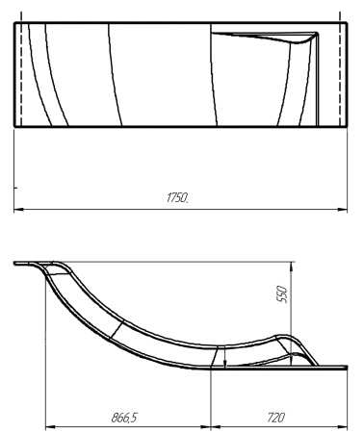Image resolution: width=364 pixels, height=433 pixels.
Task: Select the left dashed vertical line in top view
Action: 21,74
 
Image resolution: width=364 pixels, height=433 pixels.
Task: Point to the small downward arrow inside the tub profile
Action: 224,363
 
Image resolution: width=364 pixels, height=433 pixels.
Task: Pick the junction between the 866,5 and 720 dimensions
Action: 210,427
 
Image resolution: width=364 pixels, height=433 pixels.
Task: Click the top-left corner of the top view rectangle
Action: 14,23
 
